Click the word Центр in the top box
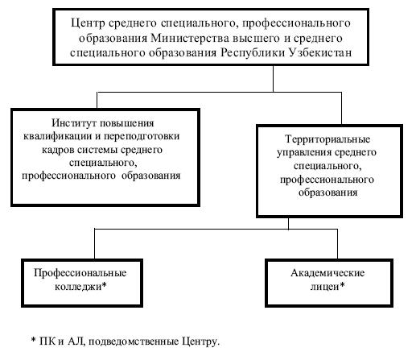click(88, 23)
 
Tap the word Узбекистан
click(320, 52)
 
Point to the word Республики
click(253, 53)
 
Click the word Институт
click(74, 123)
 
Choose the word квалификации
click(58, 136)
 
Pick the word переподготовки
click(142, 136)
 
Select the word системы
click(97, 150)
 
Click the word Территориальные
click(327, 139)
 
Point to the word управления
click(304, 152)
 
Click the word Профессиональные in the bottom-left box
click(80, 273)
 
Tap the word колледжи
click(78, 287)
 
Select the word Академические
click(327, 273)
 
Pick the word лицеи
click(325, 287)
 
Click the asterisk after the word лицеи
click(342, 284)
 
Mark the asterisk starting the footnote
click(34, 339)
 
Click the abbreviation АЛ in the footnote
click(76, 341)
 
